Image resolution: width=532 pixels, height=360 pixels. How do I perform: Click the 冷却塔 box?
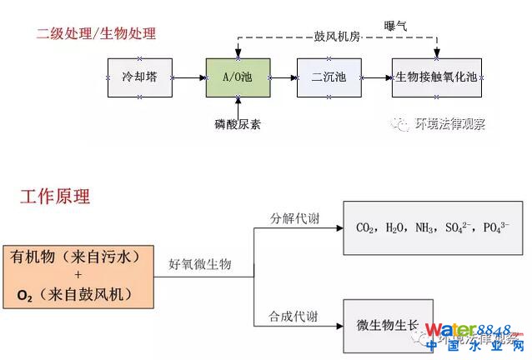[x=139, y=77]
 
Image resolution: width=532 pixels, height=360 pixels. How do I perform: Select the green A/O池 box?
[x=238, y=77]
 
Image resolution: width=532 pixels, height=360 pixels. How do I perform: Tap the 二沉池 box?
[x=330, y=77]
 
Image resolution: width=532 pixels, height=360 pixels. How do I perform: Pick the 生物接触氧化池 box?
[x=436, y=77]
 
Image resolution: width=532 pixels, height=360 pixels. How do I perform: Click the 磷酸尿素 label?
[x=238, y=125]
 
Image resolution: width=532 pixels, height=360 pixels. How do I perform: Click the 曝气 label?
[x=395, y=26]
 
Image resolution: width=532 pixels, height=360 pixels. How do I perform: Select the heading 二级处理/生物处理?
[x=96, y=34]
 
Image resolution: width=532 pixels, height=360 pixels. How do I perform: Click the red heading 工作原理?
[x=55, y=197]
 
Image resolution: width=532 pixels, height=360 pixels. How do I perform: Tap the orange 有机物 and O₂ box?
[x=79, y=274]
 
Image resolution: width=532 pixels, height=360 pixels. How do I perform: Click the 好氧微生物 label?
[x=199, y=264]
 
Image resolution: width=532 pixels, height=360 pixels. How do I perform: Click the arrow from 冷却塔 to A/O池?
[x=188, y=77]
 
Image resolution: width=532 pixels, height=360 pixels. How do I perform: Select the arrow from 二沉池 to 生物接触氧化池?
[x=378, y=77]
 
